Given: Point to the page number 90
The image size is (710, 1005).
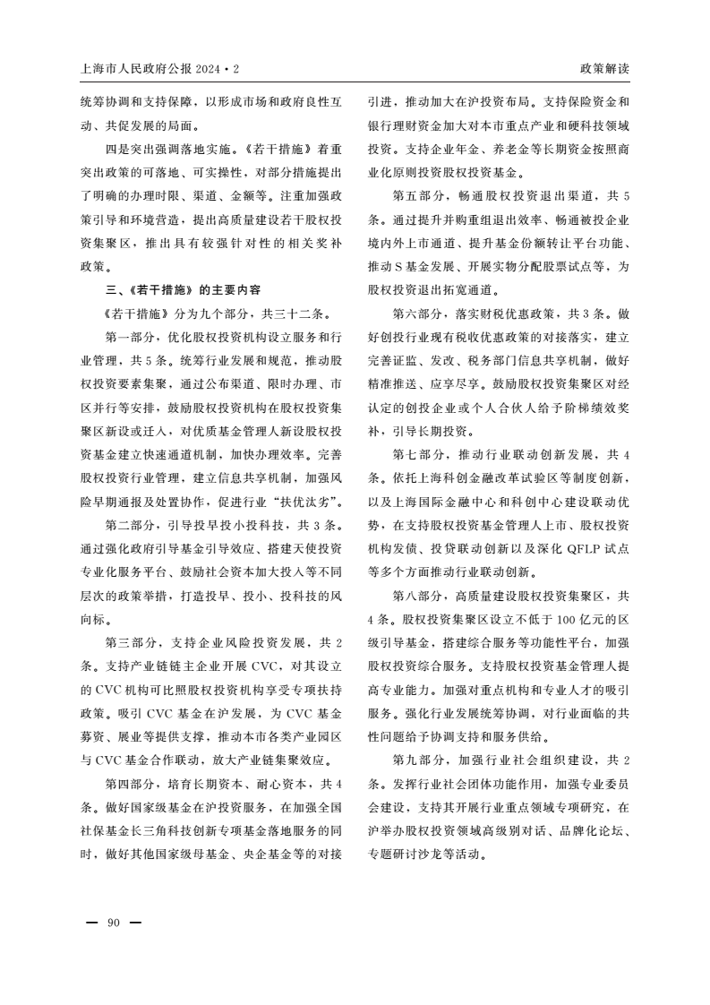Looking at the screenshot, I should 113,923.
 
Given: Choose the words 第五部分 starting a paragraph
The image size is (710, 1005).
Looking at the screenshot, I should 418,195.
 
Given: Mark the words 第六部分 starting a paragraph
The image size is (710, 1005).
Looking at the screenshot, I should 418,314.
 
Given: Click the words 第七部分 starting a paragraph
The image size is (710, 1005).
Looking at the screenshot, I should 418,454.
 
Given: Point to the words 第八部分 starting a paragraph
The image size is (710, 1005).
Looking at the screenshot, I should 418,595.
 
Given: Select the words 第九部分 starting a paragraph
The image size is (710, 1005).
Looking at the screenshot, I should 418,760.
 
